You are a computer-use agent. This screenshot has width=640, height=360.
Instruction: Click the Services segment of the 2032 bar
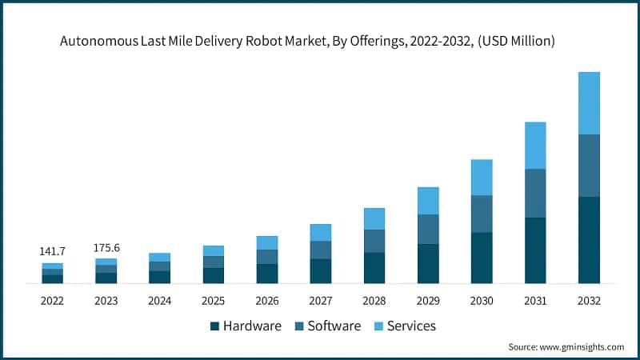pos(589,103)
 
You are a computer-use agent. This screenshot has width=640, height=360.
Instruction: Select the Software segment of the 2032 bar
pos(589,166)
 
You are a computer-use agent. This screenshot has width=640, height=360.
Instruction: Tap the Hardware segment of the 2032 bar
pos(589,240)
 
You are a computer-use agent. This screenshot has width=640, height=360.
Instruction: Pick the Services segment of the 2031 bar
pos(535,146)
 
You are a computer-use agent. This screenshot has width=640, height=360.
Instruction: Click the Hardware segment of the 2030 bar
pos(482,258)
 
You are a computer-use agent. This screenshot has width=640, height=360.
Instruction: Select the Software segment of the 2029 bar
pos(428,229)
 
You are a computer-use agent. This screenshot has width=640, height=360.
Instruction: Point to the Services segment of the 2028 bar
pos(374,218)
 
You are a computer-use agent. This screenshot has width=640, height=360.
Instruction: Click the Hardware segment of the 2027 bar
pos(321,271)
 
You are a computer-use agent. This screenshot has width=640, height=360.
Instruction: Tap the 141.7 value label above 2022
pos(52,252)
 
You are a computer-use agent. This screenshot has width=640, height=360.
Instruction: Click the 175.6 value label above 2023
pos(106,248)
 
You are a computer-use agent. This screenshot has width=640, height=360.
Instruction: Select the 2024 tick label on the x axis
pos(159,301)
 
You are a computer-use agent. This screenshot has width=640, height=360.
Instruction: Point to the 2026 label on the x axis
pos(266,301)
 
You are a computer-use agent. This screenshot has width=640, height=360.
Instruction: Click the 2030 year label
pos(482,301)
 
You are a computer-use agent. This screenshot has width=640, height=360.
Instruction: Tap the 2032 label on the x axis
pos(589,301)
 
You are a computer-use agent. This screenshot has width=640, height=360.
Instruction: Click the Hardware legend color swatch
pos(214,326)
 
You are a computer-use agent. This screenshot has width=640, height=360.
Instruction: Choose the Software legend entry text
pos(334,326)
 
